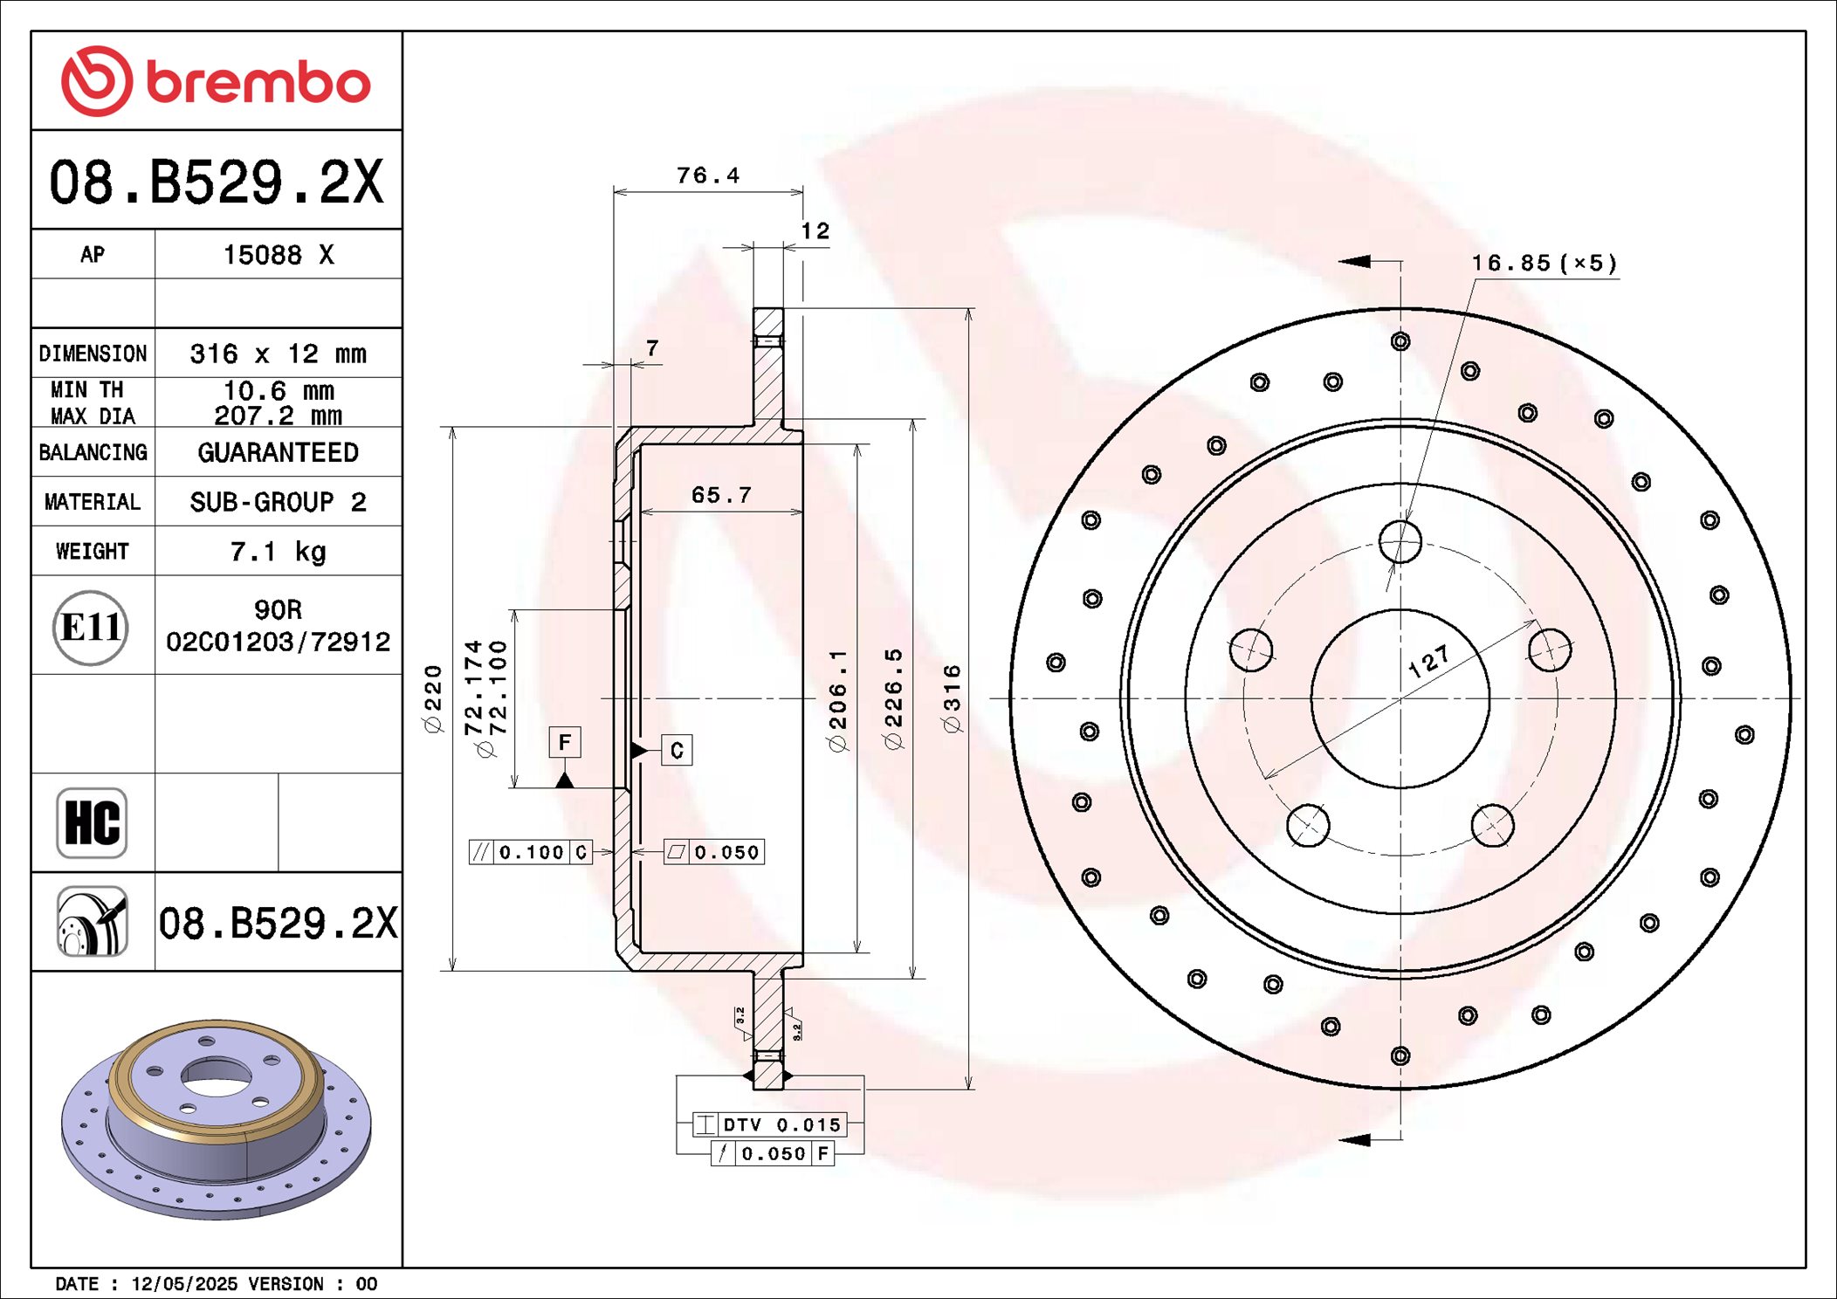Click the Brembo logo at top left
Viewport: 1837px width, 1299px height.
tap(216, 81)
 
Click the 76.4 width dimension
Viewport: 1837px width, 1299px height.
tap(707, 175)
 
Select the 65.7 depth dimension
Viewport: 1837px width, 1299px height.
tap(721, 495)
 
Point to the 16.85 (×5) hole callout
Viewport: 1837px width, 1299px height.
tap(1544, 263)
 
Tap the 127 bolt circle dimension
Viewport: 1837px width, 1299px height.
tap(1429, 663)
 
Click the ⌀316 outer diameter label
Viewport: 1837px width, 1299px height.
tap(952, 698)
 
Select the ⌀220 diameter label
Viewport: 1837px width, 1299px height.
tap(433, 698)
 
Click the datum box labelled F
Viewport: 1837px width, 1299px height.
tap(565, 742)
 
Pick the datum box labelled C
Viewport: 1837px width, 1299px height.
tap(677, 751)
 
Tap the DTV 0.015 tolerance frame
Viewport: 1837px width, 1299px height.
tap(769, 1124)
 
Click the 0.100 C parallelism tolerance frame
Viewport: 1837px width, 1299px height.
tap(531, 852)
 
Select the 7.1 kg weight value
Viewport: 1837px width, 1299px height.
tap(278, 552)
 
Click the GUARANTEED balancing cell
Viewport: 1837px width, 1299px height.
tap(278, 452)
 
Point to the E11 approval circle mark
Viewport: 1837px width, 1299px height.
tap(91, 627)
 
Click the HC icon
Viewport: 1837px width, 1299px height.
tap(92, 822)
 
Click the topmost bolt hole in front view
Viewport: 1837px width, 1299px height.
tap(1400, 542)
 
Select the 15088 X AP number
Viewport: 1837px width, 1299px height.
tap(278, 255)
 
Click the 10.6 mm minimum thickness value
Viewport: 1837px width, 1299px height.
tap(278, 390)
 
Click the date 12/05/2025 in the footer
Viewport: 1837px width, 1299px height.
tap(183, 1283)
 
